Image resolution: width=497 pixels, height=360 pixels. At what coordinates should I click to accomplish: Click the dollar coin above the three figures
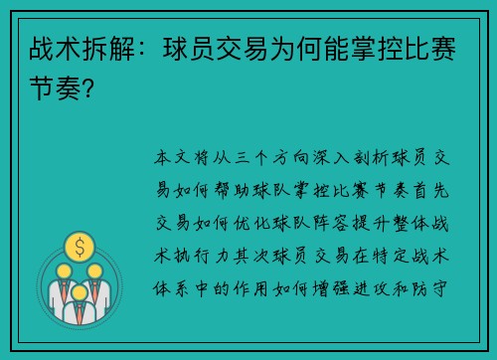[78, 245]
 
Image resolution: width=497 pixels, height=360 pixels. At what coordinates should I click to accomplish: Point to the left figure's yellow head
[64, 270]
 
